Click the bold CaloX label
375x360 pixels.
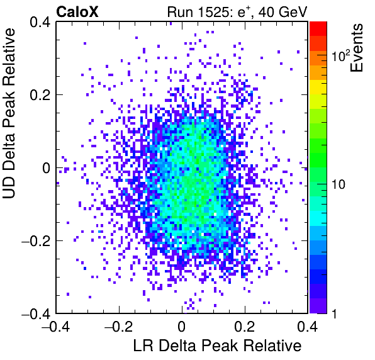coord(77,11)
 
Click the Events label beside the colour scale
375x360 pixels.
coord(356,48)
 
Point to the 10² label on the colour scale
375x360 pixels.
coord(340,55)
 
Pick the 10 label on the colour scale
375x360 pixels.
coord(338,184)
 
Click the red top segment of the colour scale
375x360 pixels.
coord(318,29)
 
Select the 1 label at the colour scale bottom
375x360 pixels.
coord(334,313)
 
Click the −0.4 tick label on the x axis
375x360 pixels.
coord(56,326)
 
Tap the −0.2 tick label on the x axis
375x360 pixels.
coord(119,326)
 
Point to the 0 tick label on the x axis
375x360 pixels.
coord(182,326)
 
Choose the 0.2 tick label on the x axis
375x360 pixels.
coord(245,326)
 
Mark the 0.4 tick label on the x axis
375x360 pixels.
coord(308,326)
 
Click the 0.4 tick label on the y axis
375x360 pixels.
coord(40,22)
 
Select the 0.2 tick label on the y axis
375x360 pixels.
coord(40,95)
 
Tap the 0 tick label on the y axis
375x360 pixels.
coord(47,168)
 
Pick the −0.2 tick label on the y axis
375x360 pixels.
coord(36,241)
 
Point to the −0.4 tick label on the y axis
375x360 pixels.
coord(36,313)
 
